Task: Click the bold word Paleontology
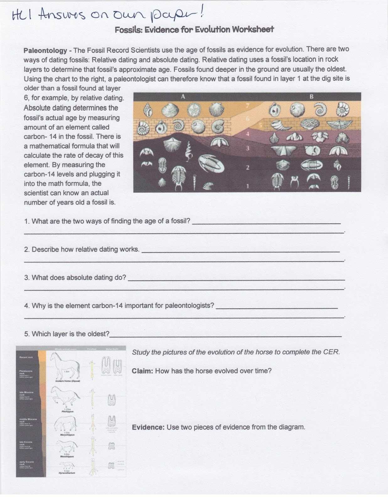tap(45, 51)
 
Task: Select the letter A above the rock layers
tap(183, 97)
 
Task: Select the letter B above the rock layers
tap(311, 97)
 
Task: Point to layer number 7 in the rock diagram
tap(247, 106)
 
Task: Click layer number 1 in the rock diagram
tap(247, 186)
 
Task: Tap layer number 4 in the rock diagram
tap(247, 134)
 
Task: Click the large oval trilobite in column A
tap(211, 163)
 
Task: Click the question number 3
tap(27, 278)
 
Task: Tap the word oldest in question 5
tap(98, 334)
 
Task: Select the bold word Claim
tap(142, 371)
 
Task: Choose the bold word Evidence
tap(148, 427)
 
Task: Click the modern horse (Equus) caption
tap(67, 381)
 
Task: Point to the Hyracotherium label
tap(67, 473)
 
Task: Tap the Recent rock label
tap(26, 357)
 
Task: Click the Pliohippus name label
tap(67, 411)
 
